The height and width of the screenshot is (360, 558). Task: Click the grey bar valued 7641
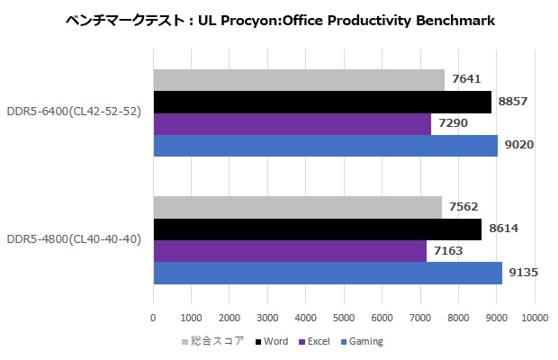pos(299,80)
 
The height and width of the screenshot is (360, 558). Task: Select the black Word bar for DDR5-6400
pos(322,102)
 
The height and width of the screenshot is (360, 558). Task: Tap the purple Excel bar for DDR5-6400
pos(292,123)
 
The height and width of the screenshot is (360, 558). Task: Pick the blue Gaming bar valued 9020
pos(325,145)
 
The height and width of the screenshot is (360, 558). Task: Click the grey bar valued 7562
pos(297,208)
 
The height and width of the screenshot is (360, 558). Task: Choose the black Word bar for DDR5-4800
pos(318,229)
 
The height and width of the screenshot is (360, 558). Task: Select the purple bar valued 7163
pos(290,251)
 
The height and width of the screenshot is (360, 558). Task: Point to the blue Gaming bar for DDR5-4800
pos(328,273)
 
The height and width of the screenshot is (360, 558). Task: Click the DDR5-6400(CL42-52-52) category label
pos(74,112)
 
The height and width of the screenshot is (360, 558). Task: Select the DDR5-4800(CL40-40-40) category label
pos(74,240)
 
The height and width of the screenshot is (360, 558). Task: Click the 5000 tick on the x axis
pos(344,318)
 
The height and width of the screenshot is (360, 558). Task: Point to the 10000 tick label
pos(535,318)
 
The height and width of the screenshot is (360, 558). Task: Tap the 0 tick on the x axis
pos(153,318)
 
